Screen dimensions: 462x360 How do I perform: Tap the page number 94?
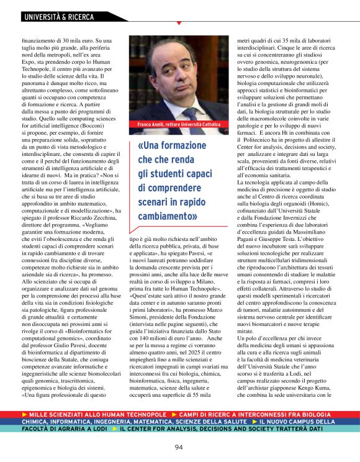point(179,446)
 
